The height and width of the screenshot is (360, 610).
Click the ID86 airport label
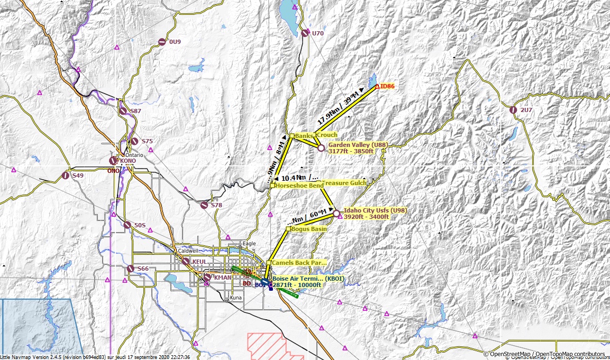(x=387, y=86)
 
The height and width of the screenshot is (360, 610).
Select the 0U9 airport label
(x=175, y=42)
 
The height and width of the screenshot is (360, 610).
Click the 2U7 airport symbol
(x=513, y=110)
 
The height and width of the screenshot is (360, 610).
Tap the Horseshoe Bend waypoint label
(x=300, y=186)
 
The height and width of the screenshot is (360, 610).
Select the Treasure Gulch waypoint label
(x=345, y=182)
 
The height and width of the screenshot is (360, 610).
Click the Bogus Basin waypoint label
(x=308, y=229)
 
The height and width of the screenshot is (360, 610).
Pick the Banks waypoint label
(x=304, y=136)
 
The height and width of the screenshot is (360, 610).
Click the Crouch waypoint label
(x=327, y=135)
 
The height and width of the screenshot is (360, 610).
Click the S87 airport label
(x=135, y=111)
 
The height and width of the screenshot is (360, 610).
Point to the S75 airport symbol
(x=134, y=141)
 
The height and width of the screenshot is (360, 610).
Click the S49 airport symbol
(x=66, y=175)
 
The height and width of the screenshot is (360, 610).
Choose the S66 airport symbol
(x=131, y=269)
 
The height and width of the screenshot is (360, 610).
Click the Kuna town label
(x=235, y=298)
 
